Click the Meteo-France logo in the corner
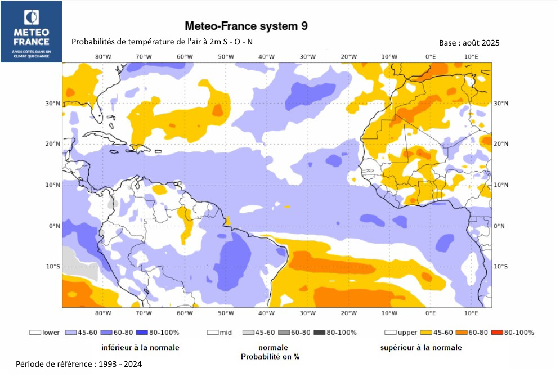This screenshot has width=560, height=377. click(x=32, y=32)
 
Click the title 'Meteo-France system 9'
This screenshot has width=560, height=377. click(x=246, y=26)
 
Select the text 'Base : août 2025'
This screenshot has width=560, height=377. click(x=469, y=43)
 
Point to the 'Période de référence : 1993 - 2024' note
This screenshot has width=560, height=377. click(x=79, y=364)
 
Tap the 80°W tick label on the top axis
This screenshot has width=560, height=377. click(x=102, y=56)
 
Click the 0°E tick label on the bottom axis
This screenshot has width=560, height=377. click(x=431, y=313)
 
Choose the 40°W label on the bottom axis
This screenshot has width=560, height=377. click(x=266, y=313)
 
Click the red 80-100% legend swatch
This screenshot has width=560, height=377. click(x=497, y=333)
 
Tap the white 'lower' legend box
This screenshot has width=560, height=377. click(x=35, y=333)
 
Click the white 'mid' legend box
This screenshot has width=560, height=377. click(x=213, y=333)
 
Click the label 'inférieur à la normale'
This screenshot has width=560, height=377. click(x=140, y=348)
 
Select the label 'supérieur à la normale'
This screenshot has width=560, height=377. click(x=420, y=348)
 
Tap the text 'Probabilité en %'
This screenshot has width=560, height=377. click(x=270, y=357)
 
